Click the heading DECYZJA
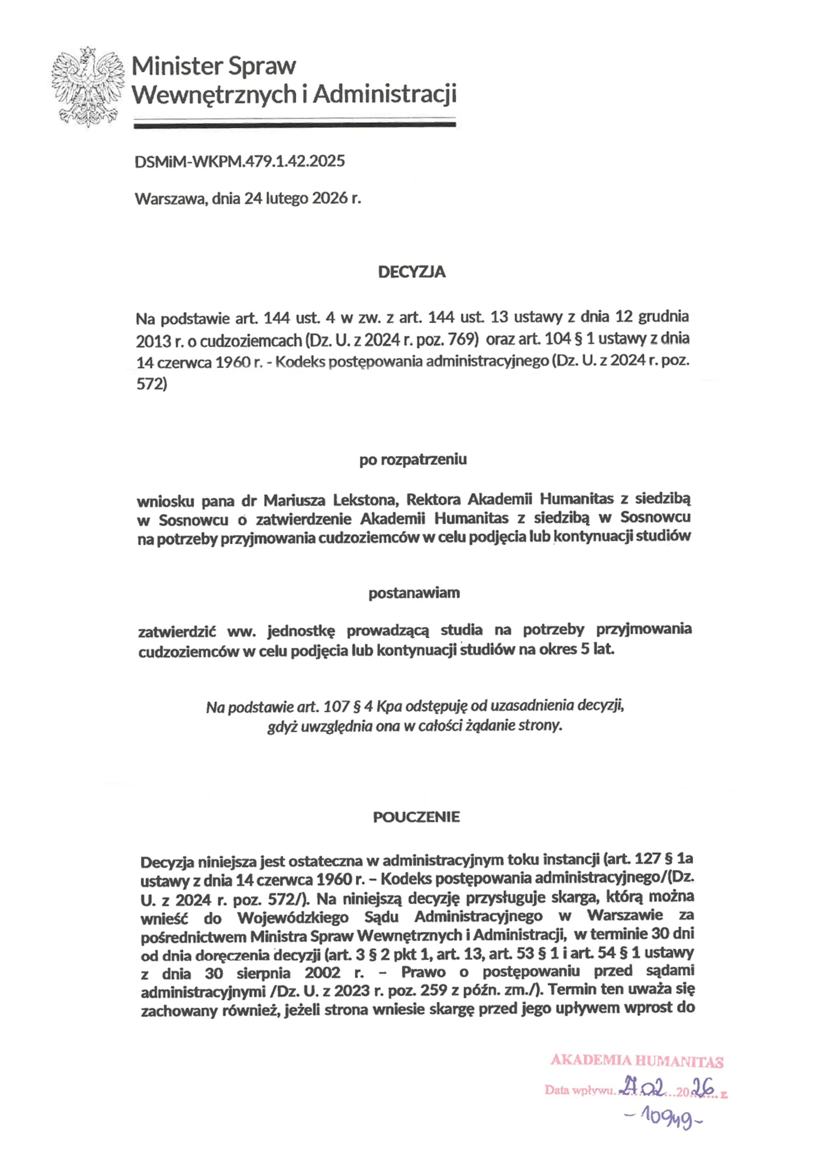coord(412,272)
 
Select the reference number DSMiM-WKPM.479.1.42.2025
coord(240,161)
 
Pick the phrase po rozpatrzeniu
coord(413,460)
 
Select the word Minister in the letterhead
coord(176,66)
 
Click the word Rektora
coord(434,500)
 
